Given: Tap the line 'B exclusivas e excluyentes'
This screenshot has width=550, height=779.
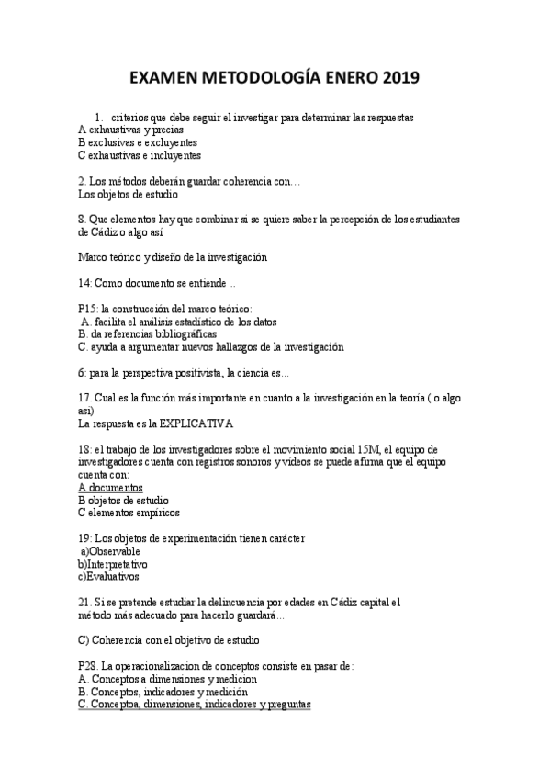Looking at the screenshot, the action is point(138,143).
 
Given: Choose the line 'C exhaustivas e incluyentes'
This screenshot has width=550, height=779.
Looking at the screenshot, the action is point(140,156).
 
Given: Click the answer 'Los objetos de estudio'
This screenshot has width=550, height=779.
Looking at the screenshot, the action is point(128,195).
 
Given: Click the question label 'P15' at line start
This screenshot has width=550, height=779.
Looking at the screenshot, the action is point(88,309).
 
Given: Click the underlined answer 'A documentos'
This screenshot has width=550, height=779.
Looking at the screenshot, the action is point(110,487).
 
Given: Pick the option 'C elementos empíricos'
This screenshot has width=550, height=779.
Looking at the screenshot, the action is point(129,513).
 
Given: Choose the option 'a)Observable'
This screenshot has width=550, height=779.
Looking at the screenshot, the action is point(113,551).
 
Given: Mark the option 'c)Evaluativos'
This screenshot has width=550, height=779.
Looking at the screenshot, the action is point(108,577).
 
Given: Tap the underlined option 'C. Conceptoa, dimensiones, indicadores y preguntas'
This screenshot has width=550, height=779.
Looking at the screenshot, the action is point(195,705).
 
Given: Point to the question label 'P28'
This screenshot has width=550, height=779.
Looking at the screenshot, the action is point(89,666).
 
